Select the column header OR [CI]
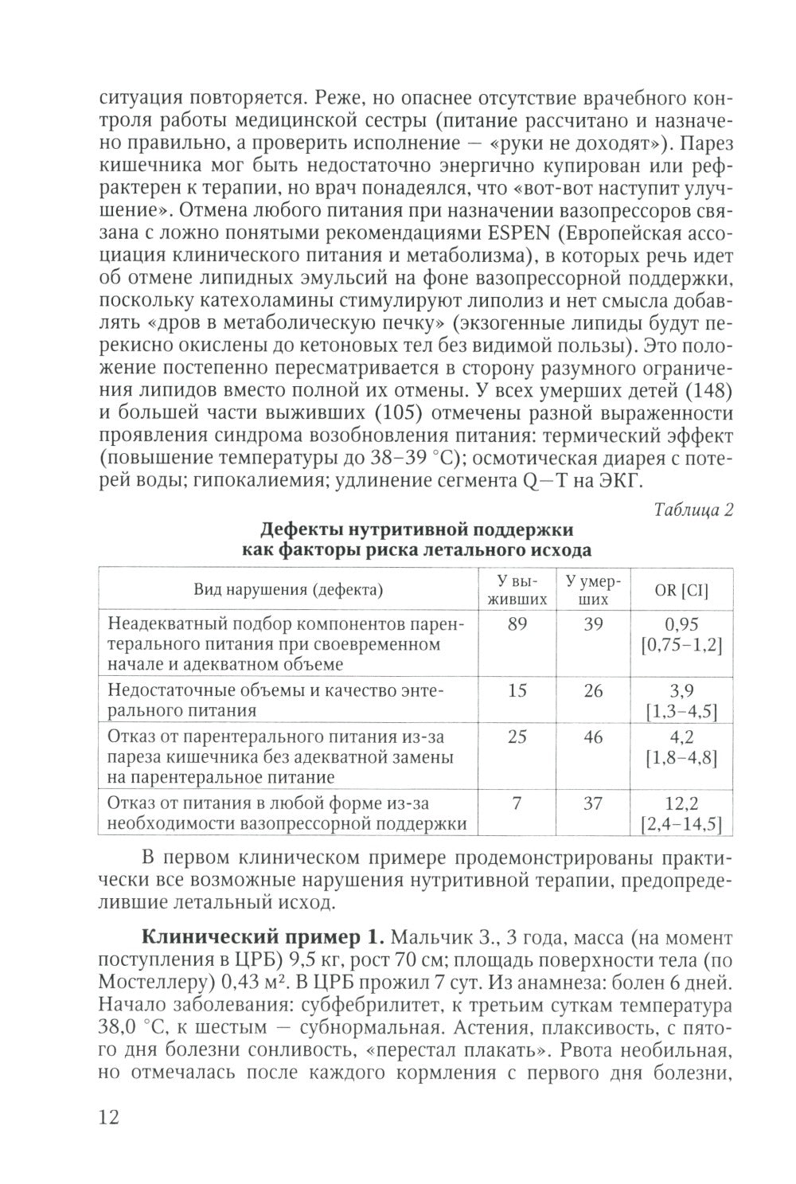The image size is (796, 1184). (681, 590)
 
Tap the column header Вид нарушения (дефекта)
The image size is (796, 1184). (288, 590)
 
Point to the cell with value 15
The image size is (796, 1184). (517, 690)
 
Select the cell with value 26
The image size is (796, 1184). (593, 690)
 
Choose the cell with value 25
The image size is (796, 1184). (517, 737)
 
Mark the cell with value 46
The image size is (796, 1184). (593, 737)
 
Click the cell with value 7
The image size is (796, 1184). (517, 803)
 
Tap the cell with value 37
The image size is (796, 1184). (593, 803)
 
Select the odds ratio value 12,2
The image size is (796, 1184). (681, 804)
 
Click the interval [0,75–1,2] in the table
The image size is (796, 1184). (681, 644)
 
